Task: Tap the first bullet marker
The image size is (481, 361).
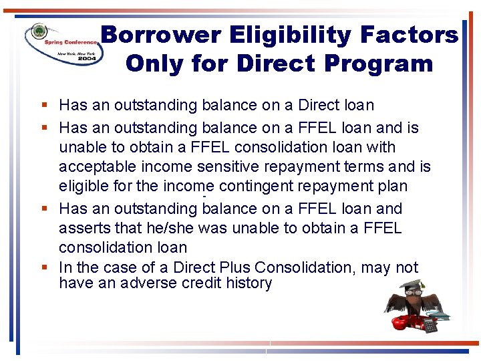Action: pyautogui.click(x=43, y=105)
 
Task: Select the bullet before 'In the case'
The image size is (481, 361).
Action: pyautogui.click(x=43, y=267)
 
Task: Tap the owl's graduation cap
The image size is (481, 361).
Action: pyautogui.click(x=415, y=283)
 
